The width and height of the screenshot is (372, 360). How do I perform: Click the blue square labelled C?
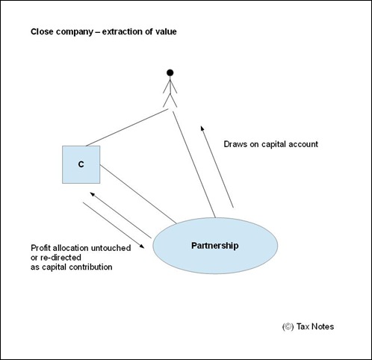click(x=81, y=164)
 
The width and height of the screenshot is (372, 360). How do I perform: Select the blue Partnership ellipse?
click(x=215, y=246)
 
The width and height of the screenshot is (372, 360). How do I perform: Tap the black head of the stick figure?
click(x=170, y=72)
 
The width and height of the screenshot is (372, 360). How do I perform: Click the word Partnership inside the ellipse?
click(x=215, y=246)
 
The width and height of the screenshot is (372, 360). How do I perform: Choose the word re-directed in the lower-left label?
click(x=61, y=258)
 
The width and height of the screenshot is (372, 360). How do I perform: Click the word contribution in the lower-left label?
click(x=90, y=267)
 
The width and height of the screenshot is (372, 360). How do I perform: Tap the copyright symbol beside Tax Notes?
click(x=288, y=326)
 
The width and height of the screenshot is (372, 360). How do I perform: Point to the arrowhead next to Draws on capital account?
click(x=202, y=128)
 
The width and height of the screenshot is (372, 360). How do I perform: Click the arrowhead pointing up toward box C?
click(x=93, y=194)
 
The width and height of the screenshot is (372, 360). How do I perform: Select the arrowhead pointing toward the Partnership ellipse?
click(x=142, y=246)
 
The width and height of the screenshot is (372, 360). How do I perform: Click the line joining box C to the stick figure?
click(x=127, y=128)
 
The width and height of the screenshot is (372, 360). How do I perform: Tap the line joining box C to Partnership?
click(x=138, y=194)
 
